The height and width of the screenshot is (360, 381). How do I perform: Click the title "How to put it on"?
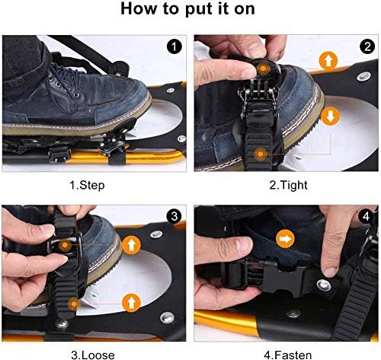pyautogui.click(x=187, y=9)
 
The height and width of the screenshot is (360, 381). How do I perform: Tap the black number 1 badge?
pyautogui.click(x=174, y=46)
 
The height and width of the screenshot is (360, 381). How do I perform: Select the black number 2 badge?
pyautogui.click(x=367, y=46)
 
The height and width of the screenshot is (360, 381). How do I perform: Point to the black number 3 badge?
pyautogui.click(x=174, y=216)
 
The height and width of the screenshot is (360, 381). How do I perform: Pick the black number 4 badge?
pyautogui.click(x=366, y=216)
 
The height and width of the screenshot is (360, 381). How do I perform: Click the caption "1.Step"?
pyautogui.click(x=87, y=186)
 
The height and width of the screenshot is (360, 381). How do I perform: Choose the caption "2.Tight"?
pyautogui.click(x=288, y=186)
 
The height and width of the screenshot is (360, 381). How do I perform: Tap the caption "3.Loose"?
pyautogui.click(x=93, y=355)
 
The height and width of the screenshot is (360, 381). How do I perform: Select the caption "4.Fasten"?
pyautogui.click(x=288, y=355)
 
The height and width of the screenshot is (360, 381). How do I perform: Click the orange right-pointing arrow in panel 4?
pyautogui.click(x=285, y=239)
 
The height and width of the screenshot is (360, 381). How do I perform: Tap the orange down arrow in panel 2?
pyautogui.click(x=330, y=116)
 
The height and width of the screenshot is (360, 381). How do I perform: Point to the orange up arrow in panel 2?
pyautogui.click(x=328, y=61)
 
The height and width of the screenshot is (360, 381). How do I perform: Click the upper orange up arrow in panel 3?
pyautogui.click(x=131, y=245)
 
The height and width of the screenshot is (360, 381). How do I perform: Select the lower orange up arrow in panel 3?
pyautogui.click(x=131, y=303)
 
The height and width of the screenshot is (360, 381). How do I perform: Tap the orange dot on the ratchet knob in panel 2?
pyautogui.click(x=263, y=68)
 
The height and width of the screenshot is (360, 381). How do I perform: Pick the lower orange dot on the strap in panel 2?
pyautogui.click(x=260, y=154)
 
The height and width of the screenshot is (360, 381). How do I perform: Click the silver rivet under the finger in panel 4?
pyautogui.click(x=324, y=285)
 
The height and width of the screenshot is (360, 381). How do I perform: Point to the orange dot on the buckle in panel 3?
pyautogui.click(x=65, y=245)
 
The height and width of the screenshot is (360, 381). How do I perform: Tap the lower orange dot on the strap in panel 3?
pyautogui.click(x=74, y=304)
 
